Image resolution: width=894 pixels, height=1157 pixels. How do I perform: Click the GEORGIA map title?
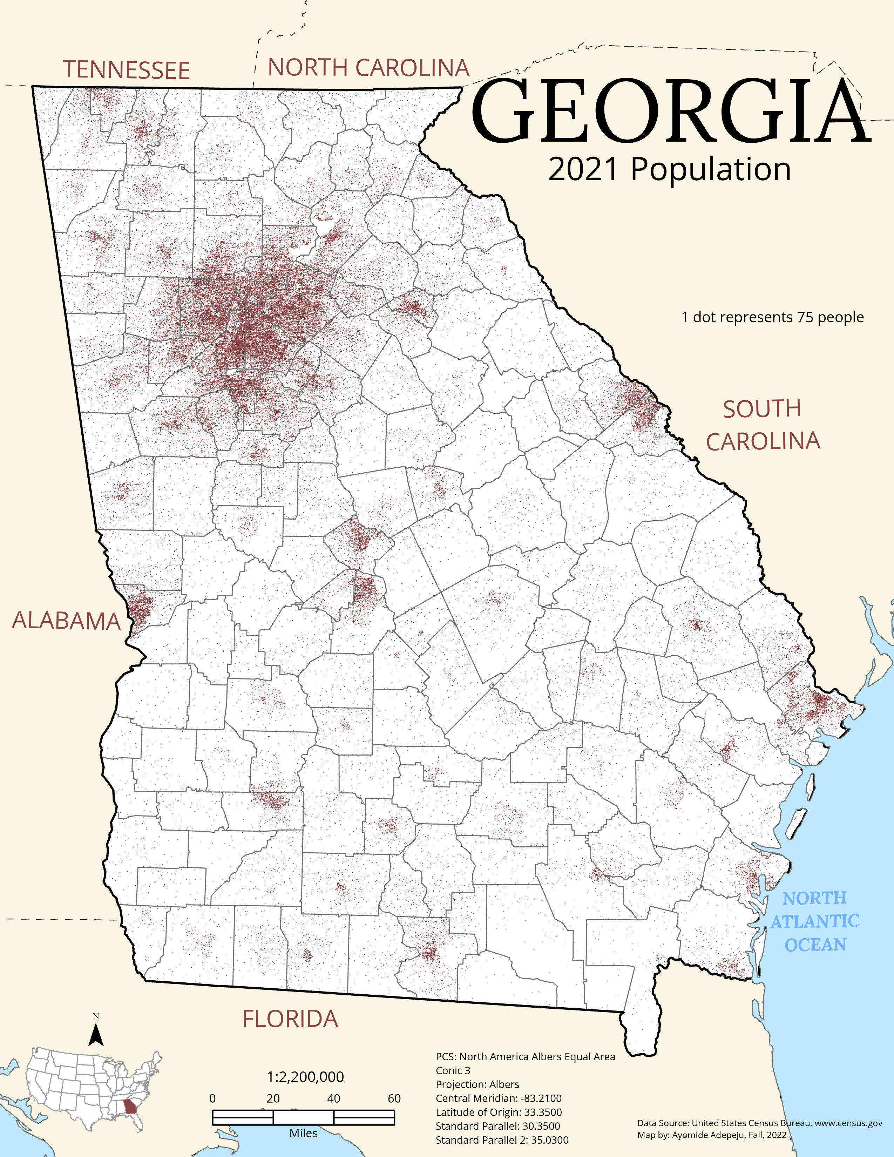pos(670,112)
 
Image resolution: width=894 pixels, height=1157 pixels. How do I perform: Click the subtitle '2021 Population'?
pos(669,170)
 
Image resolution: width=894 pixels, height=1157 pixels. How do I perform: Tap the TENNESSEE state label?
pos(126,70)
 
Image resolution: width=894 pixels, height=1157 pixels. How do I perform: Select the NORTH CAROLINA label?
pos(368,68)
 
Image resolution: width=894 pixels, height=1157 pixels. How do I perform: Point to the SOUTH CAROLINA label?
pos(763,425)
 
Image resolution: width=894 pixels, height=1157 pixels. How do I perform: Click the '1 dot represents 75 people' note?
pos(772,317)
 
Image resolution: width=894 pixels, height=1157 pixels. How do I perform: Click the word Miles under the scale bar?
pos(304,1133)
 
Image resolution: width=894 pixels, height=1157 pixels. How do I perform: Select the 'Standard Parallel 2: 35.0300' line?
pos(502,1140)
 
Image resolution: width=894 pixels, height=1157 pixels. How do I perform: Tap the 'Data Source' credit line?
pos(759,1123)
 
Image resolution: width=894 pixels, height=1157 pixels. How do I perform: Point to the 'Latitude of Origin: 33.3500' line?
pos(499,1112)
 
